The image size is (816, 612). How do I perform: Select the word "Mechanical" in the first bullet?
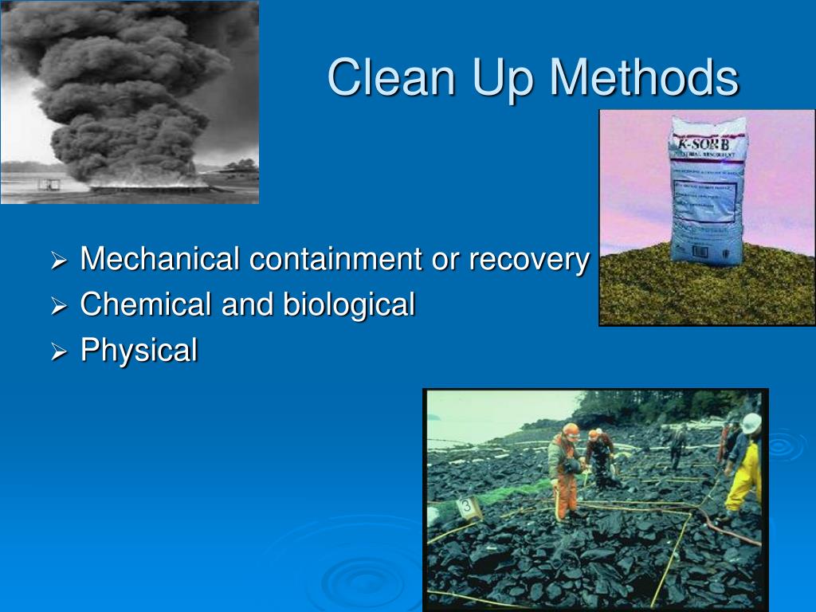coord(160,259)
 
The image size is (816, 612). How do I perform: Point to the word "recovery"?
coord(528,261)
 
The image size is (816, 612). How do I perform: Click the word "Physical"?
coord(139,351)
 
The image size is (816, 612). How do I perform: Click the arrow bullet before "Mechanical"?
coord(60,261)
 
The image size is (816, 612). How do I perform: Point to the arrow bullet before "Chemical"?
coord(60,306)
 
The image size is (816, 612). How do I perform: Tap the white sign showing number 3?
coord(466,506)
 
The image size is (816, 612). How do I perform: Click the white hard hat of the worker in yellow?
coord(751,422)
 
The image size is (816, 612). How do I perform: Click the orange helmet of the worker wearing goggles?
coord(571,431)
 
